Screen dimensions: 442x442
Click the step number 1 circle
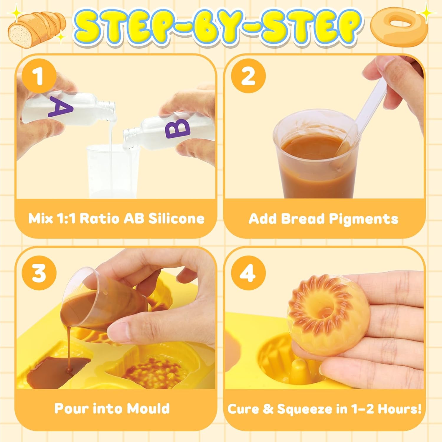[x=39, y=76]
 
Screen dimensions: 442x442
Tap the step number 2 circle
[x=248, y=76]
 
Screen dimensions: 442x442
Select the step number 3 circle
[x=39, y=273]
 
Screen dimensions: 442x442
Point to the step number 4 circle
[x=248, y=273]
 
